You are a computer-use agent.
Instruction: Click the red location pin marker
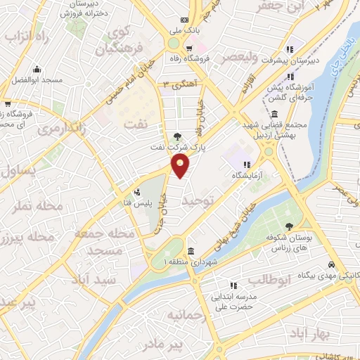coord(181,166)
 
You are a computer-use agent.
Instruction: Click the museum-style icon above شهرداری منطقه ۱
coord(191,251)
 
